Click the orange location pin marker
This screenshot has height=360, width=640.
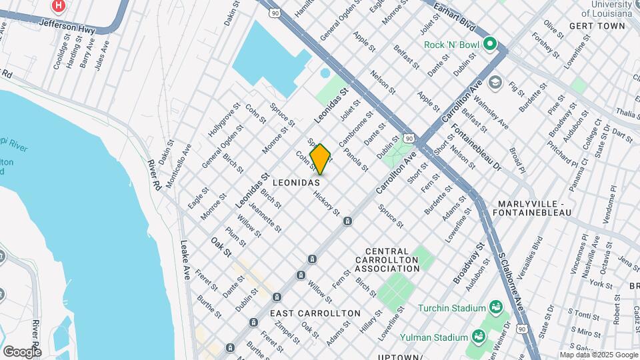pyautogui.click(x=321, y=159)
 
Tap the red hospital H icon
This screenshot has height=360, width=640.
pyautogui.click(x=59, y=6)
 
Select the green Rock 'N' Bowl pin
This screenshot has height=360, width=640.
pyautogui.click(x=491, y=45)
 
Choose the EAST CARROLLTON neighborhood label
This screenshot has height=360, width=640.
pyautogui.click(x=315, y=313)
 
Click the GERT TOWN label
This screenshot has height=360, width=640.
pyautogui.click(x=597, y=26)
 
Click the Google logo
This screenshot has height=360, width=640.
pyautogui.click(x=22, y=351)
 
